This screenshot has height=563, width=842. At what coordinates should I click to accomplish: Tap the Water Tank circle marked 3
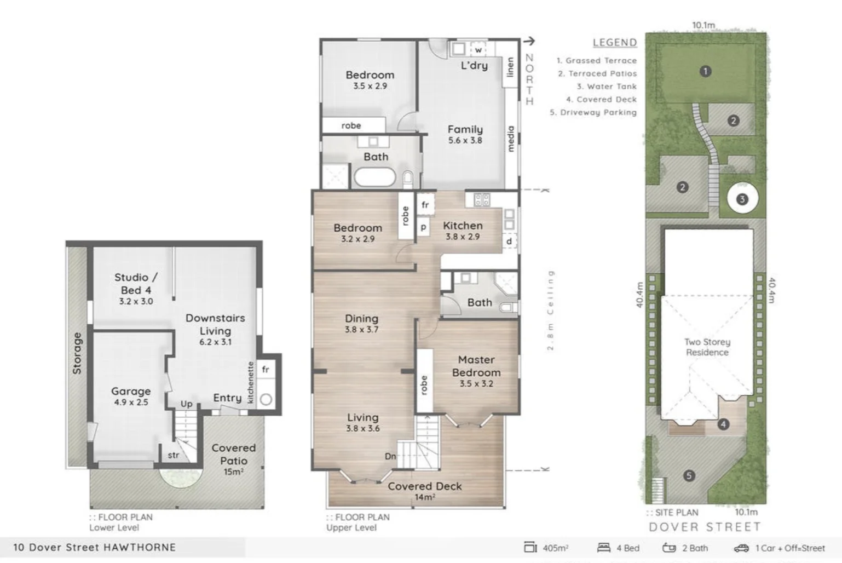click(x=742, y=199)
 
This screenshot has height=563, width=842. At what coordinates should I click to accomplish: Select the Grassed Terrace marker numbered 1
click(x=705, y=71)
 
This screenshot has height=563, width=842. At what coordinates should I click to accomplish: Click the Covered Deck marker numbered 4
click(x=723, y=424)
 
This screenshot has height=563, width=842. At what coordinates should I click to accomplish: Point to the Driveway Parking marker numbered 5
click(x=689, y=475)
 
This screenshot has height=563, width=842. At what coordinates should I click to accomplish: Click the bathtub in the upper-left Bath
click(x=375, y=177)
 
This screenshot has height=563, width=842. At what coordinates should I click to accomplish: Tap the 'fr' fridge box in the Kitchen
click(x=425, y=205)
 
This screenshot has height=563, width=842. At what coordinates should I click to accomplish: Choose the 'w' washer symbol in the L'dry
click(x=478, y=50)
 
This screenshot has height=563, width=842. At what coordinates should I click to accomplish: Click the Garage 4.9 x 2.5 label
click(x=130, y=396)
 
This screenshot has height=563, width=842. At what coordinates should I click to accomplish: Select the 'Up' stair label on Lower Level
click(x=186, y=404)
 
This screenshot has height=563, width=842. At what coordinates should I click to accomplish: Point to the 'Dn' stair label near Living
click(x=390, y=456)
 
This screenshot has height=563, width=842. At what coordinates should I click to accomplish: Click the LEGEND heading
click(x=614, y=43)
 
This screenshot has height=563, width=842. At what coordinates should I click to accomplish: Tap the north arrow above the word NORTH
click(x=529, y=41)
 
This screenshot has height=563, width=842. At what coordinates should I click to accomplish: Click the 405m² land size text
click(x=555, y=548)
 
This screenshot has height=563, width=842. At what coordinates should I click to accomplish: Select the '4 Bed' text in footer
click(x=627, y=548)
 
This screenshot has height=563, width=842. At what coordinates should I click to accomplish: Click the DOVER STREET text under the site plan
click(x=705, y=527)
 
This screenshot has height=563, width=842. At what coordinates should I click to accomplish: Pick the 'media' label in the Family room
click(x=511, y=139)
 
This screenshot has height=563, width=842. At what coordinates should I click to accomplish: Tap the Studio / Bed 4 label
click(x=136, y=284)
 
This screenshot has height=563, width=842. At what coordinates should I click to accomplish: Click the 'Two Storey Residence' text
click(x=707, y=347)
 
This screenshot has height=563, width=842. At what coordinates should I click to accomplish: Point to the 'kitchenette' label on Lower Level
click(x=251, y=382)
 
